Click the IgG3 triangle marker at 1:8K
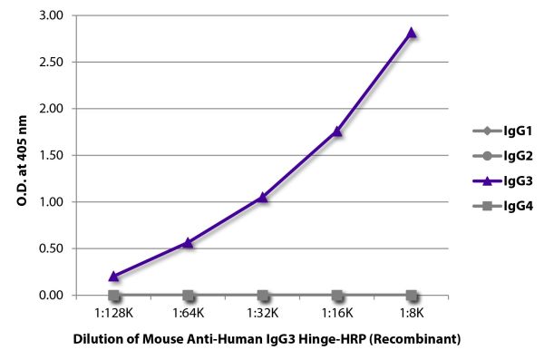coord(412,33)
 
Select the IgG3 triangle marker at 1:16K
coord(337,131)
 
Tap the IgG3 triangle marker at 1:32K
coord(263,197)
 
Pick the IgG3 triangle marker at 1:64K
coord(188,242)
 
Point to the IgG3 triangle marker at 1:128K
coord(113,276)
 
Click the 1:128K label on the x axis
coord(113,313)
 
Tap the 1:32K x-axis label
coord(263,313)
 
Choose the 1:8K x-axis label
coord(412,313)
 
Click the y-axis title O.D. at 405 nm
coord(22,154)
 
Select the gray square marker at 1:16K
coord(337,296)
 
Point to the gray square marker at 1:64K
coord(188,296)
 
